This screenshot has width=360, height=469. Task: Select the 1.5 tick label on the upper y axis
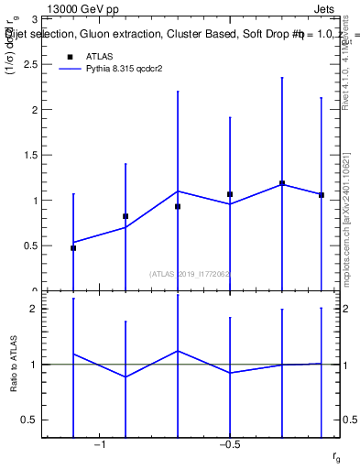pyautogui.click(x=44, y=155)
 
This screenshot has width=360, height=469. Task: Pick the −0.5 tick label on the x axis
pyautogui.click(x=229, y=445)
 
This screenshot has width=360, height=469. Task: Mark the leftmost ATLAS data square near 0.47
pyautogui.click(x=73, y=248)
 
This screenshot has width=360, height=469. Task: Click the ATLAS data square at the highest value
pyautogui.click(x=282, y=183)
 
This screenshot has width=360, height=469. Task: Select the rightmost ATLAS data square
pyautogui.click(x=322, y=195)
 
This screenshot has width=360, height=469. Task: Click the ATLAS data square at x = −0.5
pyautogui.click(x=230, y=194)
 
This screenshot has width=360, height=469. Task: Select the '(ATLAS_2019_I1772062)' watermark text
pyautogui.click(x=190, y=273)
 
